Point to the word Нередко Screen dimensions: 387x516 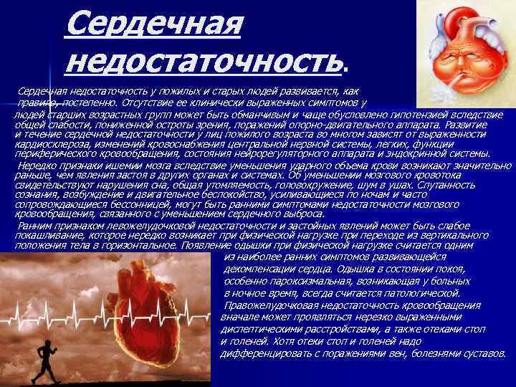(35, 165)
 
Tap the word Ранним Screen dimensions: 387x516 (32, 225)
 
